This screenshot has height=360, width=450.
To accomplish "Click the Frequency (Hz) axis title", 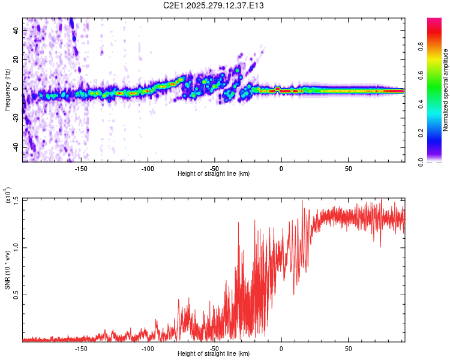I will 7,89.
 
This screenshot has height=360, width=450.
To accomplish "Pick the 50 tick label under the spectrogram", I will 348,169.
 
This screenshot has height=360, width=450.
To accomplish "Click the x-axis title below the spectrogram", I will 214,174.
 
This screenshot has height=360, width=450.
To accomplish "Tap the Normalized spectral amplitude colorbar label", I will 446,90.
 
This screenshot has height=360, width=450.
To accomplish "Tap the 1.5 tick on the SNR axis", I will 16,199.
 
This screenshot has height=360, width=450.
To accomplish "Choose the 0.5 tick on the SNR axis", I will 16,295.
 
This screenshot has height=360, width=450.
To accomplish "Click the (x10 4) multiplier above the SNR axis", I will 7,196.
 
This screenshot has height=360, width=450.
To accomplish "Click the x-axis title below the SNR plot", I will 214,354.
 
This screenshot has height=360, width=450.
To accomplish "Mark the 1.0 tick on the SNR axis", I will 16,247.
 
